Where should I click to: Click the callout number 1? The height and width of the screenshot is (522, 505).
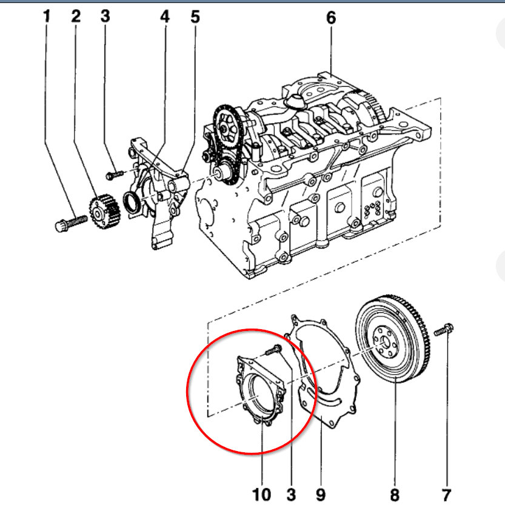[46, 17]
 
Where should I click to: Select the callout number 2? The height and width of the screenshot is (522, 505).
[76, 17]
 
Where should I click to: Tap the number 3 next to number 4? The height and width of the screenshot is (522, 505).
[105, 16]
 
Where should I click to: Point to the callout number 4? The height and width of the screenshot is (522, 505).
[165, 17]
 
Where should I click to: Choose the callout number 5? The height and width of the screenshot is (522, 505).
[195, 17]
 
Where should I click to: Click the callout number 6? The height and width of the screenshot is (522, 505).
[330, 18]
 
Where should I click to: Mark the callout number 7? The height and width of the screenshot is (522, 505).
[446, 495]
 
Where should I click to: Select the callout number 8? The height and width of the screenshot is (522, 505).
[395, 495]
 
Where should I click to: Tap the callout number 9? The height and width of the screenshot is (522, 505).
[321, 495]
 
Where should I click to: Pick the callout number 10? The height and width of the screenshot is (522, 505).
[261, 495]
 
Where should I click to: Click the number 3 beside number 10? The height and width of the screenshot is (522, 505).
[291, 495]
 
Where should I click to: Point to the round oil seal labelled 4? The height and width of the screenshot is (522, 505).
[131, 202]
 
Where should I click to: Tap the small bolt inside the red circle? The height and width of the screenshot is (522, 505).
[273, 349]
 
